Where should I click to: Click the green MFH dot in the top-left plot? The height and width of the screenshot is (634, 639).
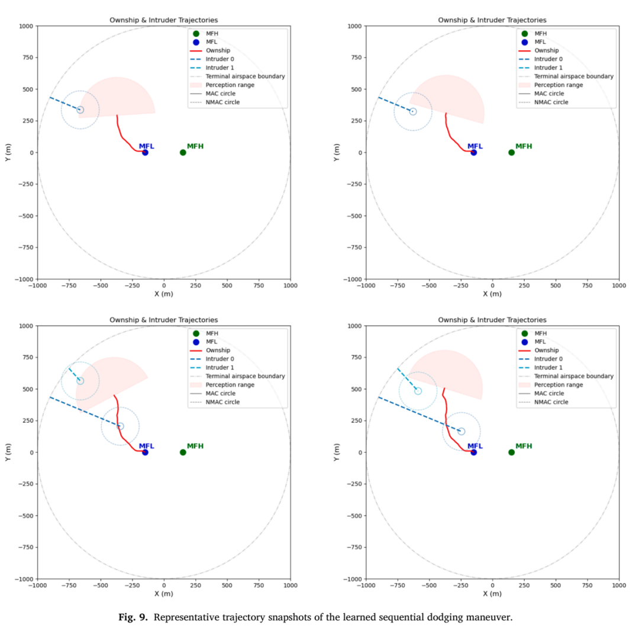pos(183,153)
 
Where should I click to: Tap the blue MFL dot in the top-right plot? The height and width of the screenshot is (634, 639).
pos(473,153)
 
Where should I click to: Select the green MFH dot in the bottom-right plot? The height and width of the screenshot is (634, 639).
pos(511,452)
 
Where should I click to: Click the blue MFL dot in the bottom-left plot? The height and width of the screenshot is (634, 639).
pos(145,452)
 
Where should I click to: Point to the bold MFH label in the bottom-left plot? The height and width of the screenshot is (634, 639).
pos(195,446)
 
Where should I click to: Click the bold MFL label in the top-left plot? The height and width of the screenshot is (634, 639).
pos(147,146)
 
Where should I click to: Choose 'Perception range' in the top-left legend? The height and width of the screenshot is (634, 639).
pos(230,85)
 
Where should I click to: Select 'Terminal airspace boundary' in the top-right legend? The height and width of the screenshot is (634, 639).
pos(574,76)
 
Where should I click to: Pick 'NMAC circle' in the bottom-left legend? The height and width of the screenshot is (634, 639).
pos(222,402)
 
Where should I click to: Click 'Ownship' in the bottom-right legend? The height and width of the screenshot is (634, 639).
pos(547,350)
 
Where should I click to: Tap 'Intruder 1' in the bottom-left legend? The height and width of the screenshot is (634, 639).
pos(220,368)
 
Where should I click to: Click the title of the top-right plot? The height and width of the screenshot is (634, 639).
pos(492,20)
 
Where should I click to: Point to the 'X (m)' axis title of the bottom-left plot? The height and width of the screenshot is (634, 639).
pos(164,594)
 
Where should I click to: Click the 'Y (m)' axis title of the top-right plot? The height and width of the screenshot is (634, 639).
pos(336,153)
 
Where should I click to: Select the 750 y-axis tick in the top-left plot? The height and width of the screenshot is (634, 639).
pos(28,57)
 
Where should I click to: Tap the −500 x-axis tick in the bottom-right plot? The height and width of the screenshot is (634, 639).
pos(429,585)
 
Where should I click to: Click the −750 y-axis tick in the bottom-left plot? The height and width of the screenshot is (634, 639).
pos(25,547)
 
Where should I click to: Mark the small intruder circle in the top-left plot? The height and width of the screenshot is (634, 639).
pos(80,110)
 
